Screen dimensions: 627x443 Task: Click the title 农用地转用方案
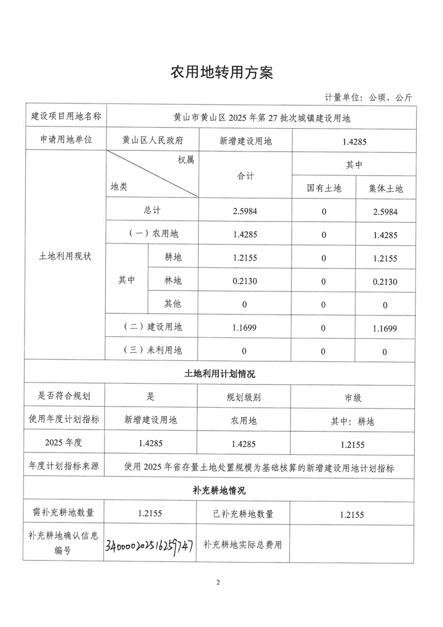[221, 73]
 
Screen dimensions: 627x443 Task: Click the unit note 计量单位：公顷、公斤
[368, 97]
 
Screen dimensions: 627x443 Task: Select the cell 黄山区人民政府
[153, 142]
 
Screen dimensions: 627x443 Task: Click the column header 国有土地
[323, 188]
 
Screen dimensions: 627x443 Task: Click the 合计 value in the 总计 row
[244, 212]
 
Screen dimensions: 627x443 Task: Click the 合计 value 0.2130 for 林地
[244, 281]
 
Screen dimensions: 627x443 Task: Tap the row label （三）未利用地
[153, 351]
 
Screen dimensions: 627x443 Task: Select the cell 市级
[353, 398]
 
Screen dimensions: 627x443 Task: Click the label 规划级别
[244, 398]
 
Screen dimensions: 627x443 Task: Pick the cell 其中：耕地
[353, 421]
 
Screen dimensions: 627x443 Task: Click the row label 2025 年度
[64, 444]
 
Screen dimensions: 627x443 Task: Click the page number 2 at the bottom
[218, 583]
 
